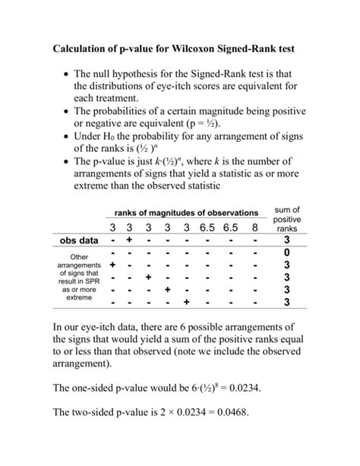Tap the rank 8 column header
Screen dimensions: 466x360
click(x=254, y=229)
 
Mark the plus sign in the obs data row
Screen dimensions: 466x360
click(x=130, y=242)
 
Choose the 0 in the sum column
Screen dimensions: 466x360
click(x=287, y=253)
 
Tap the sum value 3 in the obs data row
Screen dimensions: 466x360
click(x=287, y=242)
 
